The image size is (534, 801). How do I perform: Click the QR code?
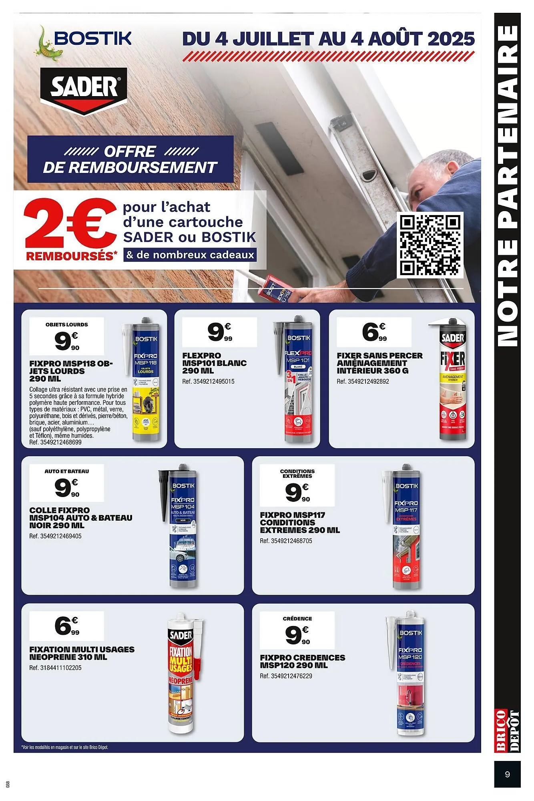[x=430, y=245]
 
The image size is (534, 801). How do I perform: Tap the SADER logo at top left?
[x=84, y=88]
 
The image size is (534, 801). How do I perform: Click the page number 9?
[x=507, y=774]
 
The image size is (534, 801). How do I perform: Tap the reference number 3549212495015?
[x=208, y=381]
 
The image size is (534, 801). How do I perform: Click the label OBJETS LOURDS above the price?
[x=67, y=324]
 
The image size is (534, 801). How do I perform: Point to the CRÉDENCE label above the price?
[x=297, y=618]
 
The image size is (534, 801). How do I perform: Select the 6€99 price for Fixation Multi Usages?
[x=67, y=626]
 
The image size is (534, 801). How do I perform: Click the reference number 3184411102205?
[x=55, y=668]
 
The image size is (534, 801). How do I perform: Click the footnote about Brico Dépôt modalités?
[x=64, y=747]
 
